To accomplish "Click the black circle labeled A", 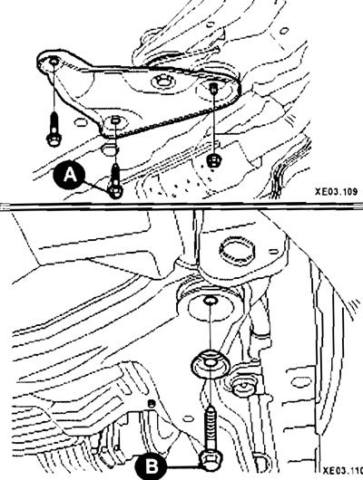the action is tap(69, 176).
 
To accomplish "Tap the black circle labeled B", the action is tap(151, 466).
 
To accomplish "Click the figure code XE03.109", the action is tap(336, 192).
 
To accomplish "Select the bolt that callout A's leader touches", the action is tap(115, 180).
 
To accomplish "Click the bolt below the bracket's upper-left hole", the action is tap(54, 129).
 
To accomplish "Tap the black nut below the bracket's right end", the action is tap(212, 160).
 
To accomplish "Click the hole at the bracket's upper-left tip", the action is tap(54, 62).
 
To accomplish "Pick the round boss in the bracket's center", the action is tap(162, 82).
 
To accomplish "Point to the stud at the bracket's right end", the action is tap(212, 88).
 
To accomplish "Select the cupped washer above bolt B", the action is tap(211, 364).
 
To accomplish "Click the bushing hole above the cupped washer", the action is tap(210, 301).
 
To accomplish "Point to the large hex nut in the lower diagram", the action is tap(237, 250).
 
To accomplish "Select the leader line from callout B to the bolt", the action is tap(183, 466).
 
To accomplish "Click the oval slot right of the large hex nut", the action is tap(274, 252).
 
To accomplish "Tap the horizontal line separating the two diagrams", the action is tap(181, 206).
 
